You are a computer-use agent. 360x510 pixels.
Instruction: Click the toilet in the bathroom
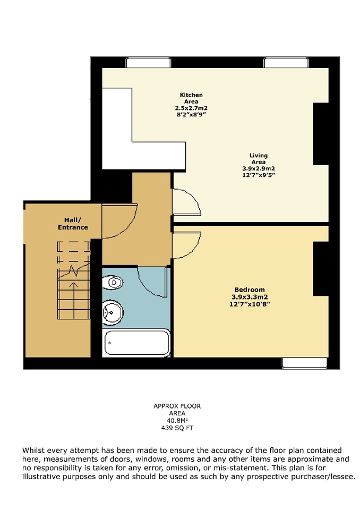pos(113,283)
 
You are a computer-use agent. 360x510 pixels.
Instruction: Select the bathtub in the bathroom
pos(136,343)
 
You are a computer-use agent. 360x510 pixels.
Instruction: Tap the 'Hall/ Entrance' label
pos(73,224)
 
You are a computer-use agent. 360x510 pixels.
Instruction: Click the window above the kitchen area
pos(149,63)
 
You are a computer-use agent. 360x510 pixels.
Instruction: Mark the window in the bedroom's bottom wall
pos(304,363)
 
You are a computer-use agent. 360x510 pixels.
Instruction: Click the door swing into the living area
pos(186,203)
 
